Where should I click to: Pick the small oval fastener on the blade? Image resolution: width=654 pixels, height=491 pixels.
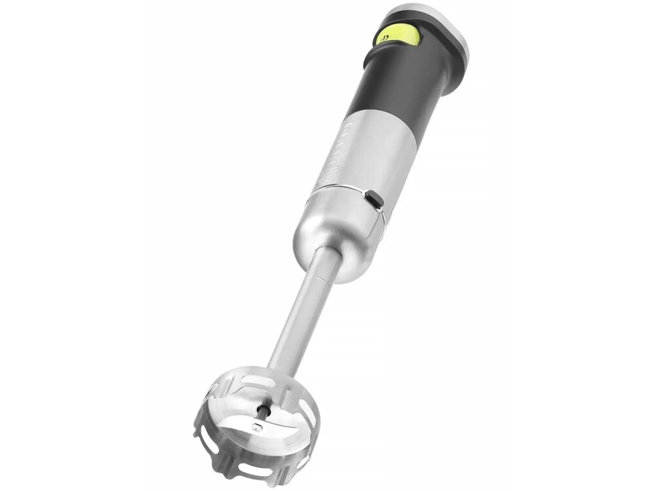(x=258, y=427)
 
